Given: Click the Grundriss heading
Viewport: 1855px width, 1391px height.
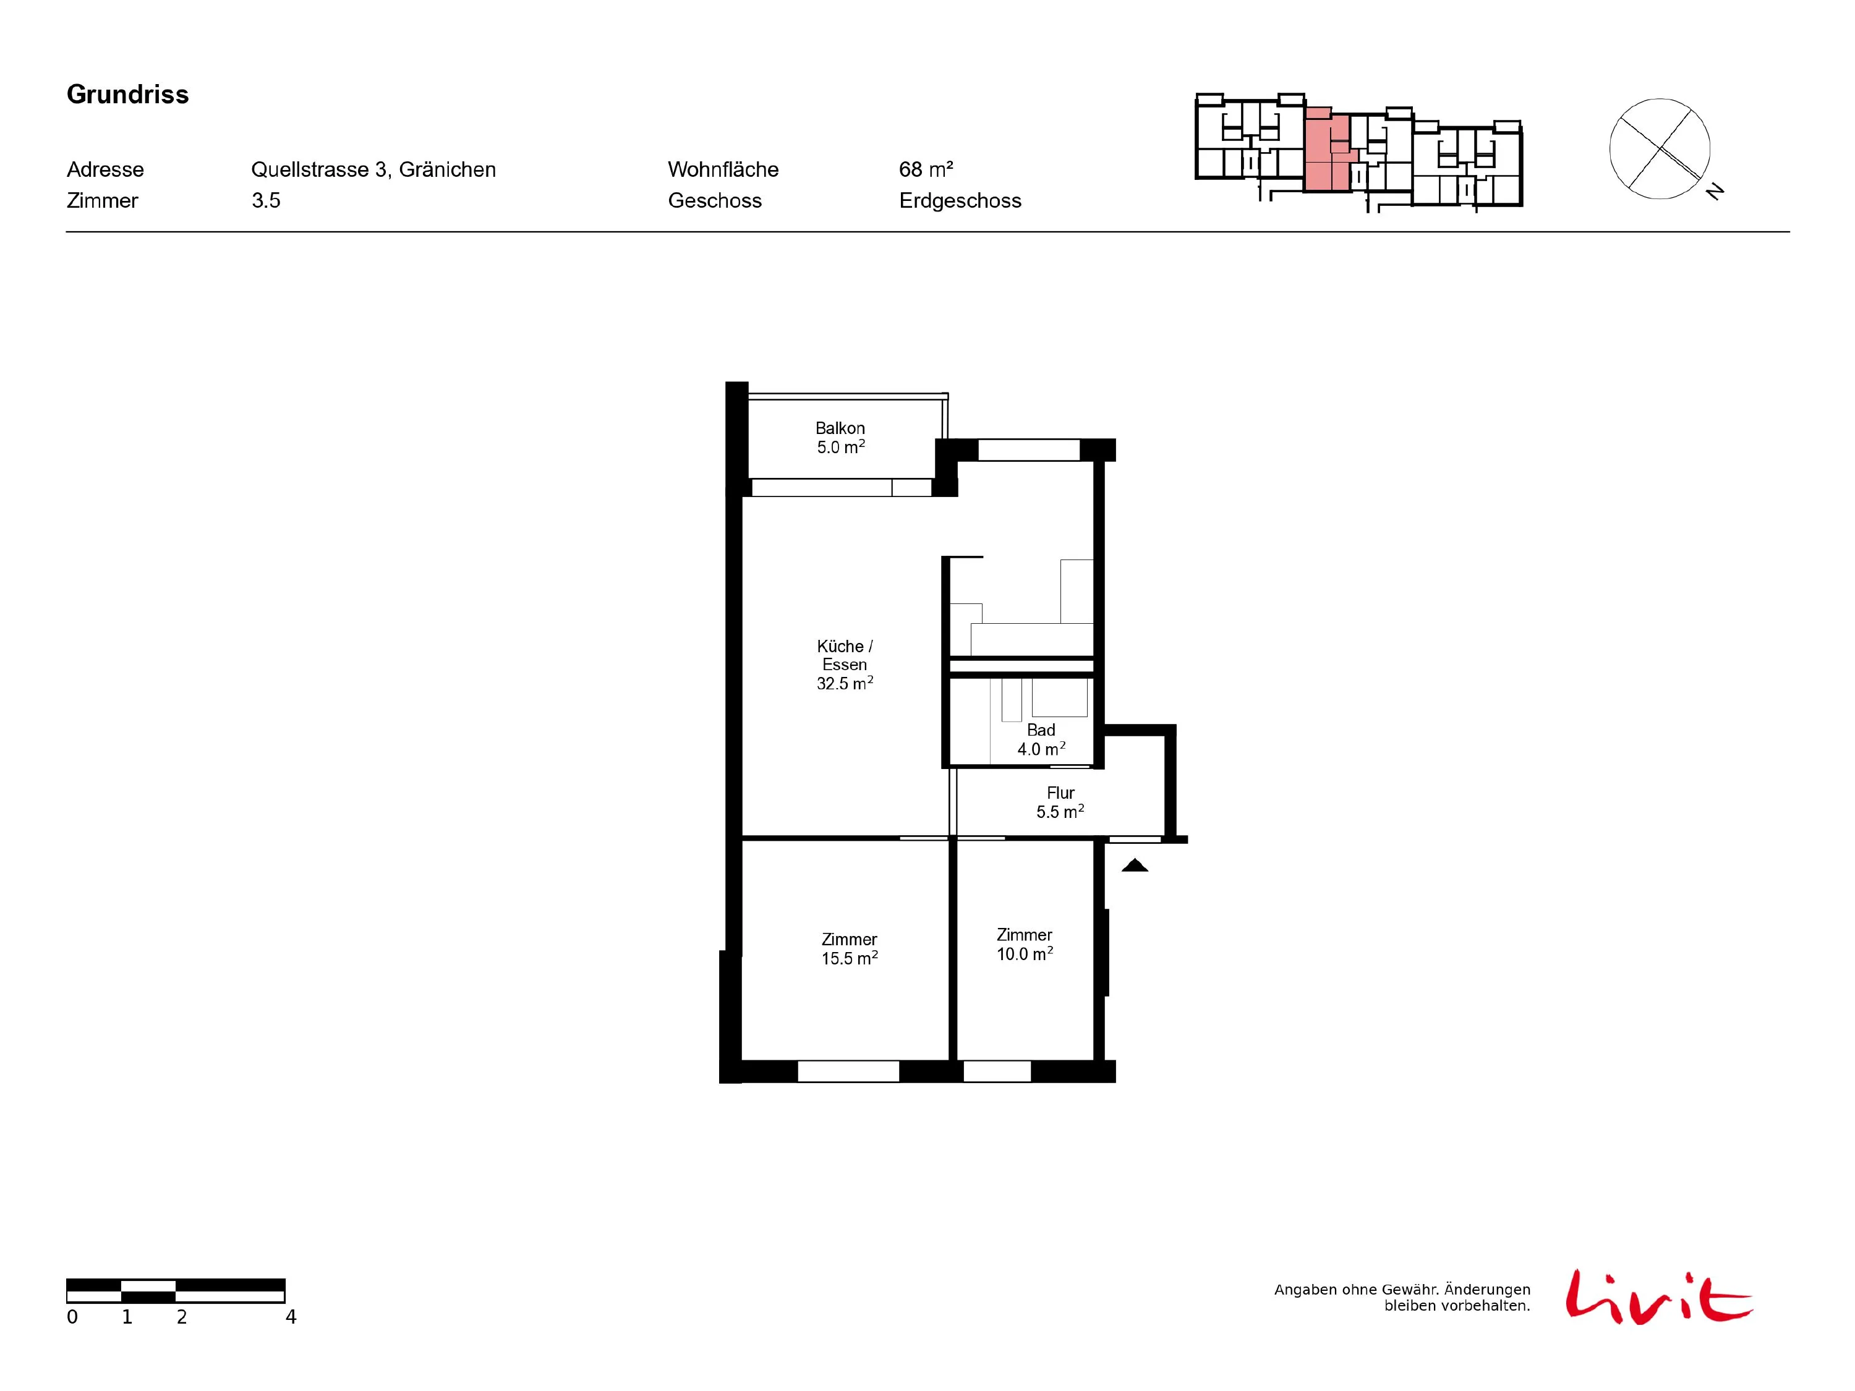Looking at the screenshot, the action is tap(127, 95).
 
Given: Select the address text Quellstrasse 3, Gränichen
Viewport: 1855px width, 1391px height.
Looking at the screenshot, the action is tap(373, 169).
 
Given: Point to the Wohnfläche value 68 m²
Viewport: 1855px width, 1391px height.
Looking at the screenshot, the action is tap(926, 169).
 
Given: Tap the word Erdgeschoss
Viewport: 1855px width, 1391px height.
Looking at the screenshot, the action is tap(960, 201).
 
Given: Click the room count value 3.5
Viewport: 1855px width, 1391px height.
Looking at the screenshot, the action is tap(266, 200).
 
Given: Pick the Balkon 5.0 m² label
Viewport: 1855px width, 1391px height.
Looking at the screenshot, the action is tap(840, 438).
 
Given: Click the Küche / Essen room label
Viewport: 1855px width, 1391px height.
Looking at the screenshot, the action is tap(845, 665).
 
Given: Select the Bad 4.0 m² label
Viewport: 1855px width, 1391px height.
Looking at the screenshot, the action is tap(1041, 739).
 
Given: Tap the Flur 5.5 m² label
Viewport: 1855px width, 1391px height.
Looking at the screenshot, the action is tap(1060, 802).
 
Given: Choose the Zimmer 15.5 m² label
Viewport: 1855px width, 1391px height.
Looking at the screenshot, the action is tap(850, 949).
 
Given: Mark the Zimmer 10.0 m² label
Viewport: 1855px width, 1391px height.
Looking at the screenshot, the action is tap(1024, 944).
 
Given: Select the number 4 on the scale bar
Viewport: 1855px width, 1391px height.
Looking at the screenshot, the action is tap(291, 1317).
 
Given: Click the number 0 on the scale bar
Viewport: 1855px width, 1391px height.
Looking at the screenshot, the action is tap(72, 1317).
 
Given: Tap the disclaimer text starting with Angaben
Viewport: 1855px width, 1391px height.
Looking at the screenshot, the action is tap(1402, 1297).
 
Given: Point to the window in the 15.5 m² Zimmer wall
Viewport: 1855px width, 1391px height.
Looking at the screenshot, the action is tap(848, 1071).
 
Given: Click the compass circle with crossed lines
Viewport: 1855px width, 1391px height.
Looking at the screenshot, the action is tap(1660, 149).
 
